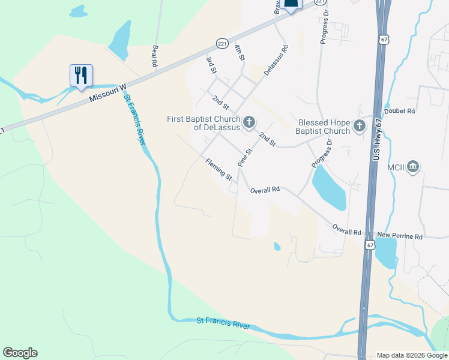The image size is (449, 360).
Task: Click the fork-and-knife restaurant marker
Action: click(x=81, y=76)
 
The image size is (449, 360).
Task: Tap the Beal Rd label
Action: click(x=155, y=56)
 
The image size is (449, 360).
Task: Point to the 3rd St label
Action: click(x=211, y=65)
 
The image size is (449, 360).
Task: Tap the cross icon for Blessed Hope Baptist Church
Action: click(x=359, y=125)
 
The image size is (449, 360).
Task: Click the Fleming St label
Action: click(x=218, y=169)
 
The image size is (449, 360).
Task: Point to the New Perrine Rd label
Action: click(x=400, y=237)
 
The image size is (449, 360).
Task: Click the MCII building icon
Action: click(x=412, y=166)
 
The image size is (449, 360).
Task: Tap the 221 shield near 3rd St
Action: click(x=221, y=44)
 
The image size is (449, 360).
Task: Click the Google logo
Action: click(x=20, y=353)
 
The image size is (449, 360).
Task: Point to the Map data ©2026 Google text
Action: click(x=412, y=355)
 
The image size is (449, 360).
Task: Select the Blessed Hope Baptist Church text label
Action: click(x=324, y=127)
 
